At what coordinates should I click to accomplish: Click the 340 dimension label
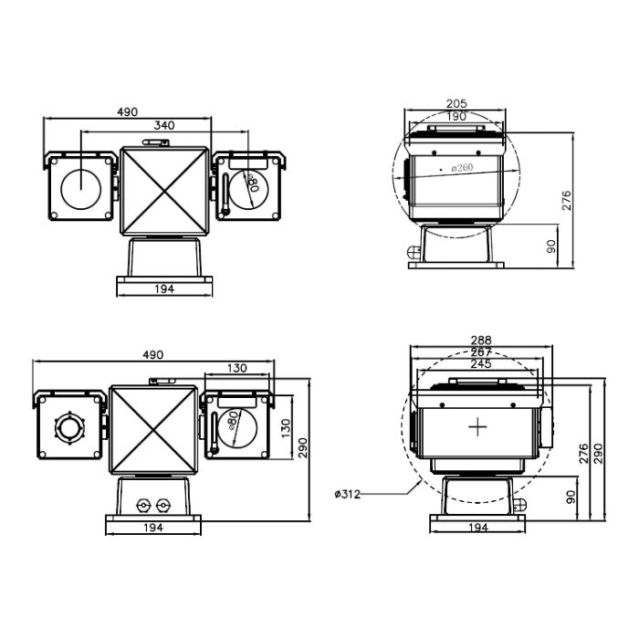click(x=165, y=125)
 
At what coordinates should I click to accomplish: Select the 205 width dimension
click(x=456, y=103)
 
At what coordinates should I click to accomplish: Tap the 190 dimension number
click(x=456, y=116)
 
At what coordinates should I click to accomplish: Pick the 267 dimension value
click(x=480, y=351)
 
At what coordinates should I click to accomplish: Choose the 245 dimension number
click(x=480, y=363)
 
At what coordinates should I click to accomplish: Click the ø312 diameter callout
click(x=348, y=494)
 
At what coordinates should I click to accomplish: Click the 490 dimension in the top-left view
click(x=127, y=111)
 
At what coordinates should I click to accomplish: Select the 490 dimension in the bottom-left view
click(x=152, y=354)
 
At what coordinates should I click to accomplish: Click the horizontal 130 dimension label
click(x=237, y=367)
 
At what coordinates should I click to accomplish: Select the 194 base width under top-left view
click(x=164, y=288)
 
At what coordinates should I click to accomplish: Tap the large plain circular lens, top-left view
click(x=82, y=187)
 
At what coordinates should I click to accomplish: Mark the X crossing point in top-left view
click(x=165, y=188)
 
